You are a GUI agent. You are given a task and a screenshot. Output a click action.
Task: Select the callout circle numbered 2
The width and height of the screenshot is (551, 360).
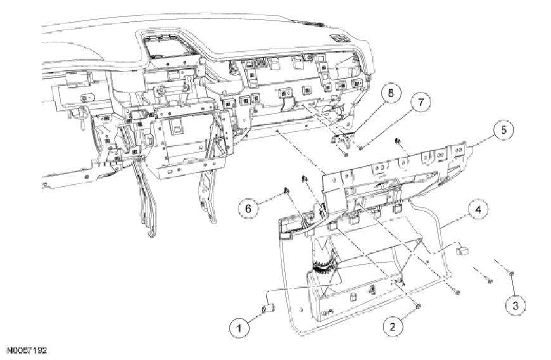(x=393, y=327)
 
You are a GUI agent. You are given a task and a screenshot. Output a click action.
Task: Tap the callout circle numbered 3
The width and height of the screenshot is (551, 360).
(x=515, y=305)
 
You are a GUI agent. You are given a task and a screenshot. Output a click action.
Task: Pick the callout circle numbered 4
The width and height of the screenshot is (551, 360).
(x=477, y=210)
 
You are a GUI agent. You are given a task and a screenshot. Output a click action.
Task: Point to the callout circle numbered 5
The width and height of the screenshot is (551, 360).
(x=503, y=130)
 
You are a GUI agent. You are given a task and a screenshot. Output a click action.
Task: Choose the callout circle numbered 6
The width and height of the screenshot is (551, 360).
(x=248, y=209)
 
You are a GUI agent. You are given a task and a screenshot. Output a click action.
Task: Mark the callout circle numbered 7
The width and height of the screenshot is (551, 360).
(x=420, y=102)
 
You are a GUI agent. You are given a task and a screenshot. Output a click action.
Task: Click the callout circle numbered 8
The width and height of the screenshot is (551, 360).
(x=390, y=93)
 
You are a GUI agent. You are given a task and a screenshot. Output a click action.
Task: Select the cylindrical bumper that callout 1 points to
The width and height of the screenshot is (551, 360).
(x=269, y=309)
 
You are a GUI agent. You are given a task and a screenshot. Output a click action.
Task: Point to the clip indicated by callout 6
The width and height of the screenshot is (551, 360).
(x=286, y=191)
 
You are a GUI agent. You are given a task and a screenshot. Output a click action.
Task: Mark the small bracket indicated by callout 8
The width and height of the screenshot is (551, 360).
(x=342, y=138)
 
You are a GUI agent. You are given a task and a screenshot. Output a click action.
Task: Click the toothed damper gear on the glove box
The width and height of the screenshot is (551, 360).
(x=324, y=266)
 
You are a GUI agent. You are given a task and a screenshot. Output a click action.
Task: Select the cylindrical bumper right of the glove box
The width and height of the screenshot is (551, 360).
(x=462, y=250)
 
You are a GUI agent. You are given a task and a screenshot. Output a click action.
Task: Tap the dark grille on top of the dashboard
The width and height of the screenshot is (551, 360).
(x=339, y=37)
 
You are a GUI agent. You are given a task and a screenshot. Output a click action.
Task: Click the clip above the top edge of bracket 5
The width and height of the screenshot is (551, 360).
(x=399, y=141)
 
